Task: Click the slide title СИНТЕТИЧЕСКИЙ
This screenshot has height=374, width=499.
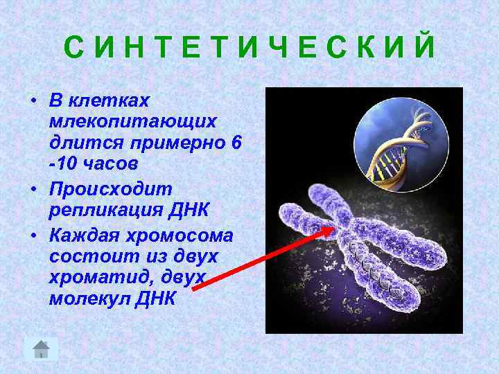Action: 249,48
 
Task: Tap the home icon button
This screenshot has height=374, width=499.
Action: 41,348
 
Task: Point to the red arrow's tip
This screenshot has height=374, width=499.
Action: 332,228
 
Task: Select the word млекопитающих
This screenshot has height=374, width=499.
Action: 133,121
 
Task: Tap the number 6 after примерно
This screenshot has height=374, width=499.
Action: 237,143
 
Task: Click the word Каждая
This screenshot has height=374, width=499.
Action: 81,234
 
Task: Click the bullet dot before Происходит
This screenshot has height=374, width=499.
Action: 33,189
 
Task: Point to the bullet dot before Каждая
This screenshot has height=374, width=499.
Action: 33,235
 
